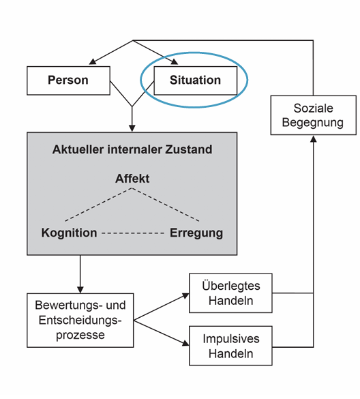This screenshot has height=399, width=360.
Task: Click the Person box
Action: [67, 80]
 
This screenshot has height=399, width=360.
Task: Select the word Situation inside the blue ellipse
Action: [196, 80]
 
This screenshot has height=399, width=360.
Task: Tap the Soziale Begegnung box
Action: [314, 115]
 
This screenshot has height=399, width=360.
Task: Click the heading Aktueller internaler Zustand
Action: [132, 149]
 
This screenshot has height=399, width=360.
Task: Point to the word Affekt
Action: [132, 179]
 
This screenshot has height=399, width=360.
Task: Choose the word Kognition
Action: [69, 233]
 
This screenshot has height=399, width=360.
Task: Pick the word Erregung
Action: [196, 233]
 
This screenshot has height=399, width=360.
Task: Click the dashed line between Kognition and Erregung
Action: [132, 233]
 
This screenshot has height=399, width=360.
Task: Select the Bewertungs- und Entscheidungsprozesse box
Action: [80, 320]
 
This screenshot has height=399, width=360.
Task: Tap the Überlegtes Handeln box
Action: [231, 293]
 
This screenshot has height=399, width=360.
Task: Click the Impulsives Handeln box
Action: [231, 346]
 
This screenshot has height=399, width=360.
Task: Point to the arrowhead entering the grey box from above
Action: [132, 128]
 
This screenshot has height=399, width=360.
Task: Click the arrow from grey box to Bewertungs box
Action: [80, 273]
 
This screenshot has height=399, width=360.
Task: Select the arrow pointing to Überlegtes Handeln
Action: [164, 306]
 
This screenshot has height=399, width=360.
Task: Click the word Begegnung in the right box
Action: [314, 123]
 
